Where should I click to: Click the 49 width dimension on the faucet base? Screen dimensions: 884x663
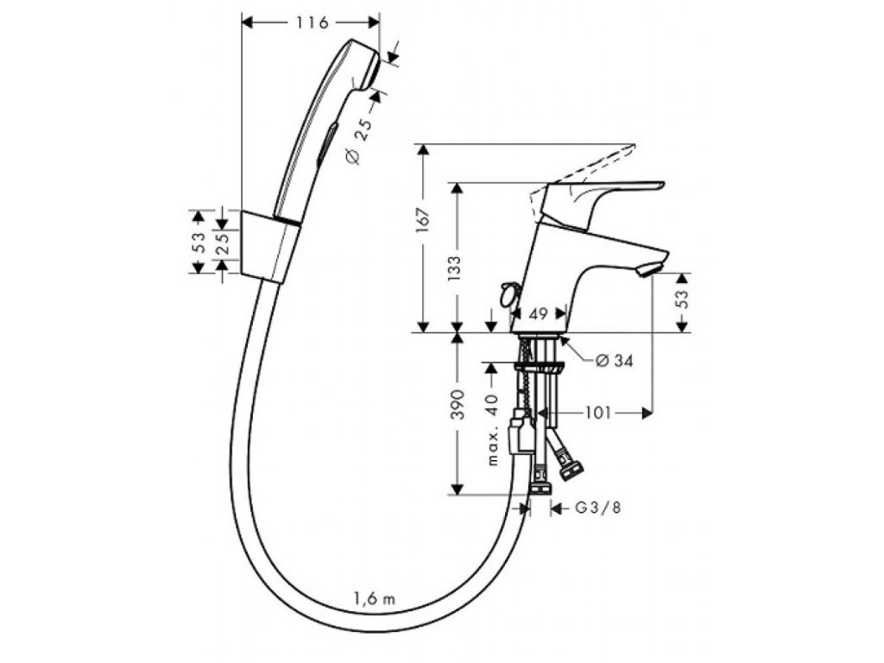538,314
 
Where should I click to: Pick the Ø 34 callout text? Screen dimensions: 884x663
614,361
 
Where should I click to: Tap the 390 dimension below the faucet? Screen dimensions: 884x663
458,404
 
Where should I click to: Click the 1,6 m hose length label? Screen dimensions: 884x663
374,597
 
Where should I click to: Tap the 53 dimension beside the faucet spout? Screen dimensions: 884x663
681,300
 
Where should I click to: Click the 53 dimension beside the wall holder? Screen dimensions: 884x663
198,243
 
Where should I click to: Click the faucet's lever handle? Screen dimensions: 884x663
604,194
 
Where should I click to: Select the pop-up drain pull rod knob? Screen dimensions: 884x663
508,293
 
